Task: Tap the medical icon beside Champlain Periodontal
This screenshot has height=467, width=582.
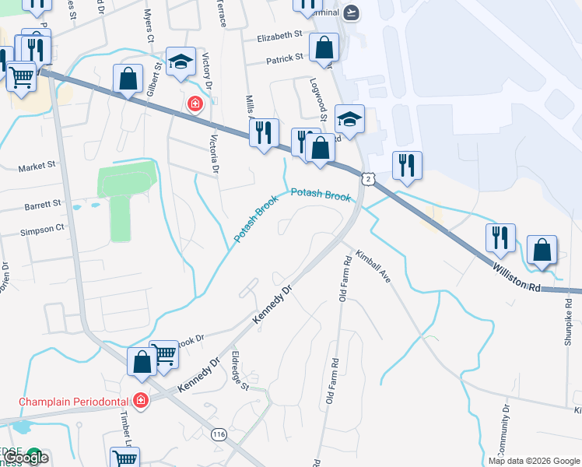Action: pyautogui.click(x=141, y=401)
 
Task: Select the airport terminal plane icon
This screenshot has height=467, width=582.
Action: pyautogui.click(x=352, y=12)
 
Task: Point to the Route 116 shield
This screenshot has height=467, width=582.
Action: pyautogui.click(x=219, y=437)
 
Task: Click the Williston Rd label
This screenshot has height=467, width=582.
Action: pyautogui.click(x=516, y=277)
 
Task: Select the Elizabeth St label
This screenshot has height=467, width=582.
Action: pyautogui.click(x=279, y=36)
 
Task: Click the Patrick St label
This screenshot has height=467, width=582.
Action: pyautogui.click(x=284, y=58)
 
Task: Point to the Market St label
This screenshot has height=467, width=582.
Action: pyautogui.click(x=38, y=166)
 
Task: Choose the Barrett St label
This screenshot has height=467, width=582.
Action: pyautogui.click(x=42, y=204)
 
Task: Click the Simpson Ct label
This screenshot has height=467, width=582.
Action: pyautogui.click(x=43, y=229)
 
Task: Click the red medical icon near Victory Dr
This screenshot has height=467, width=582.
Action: pyautogui.click(x=194, y=104)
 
